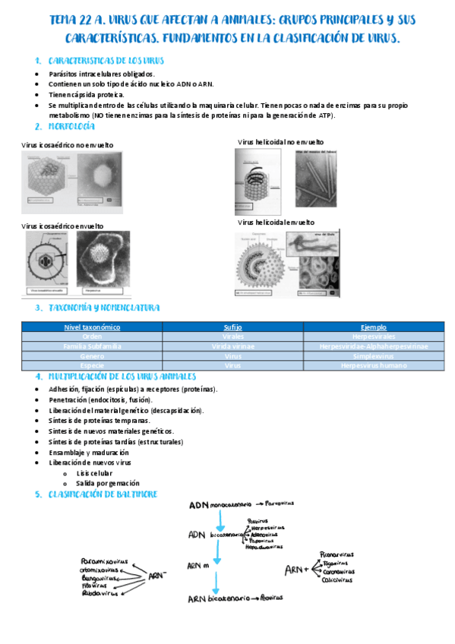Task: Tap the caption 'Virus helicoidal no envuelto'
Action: (280, 142)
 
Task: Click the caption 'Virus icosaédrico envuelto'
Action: (62, 226)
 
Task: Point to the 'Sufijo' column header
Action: (232, 327)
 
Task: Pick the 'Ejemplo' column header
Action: (373, 327)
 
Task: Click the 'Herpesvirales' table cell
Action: (373, 336)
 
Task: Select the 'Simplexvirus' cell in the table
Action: (373, 355)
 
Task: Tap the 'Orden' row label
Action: (92, 336)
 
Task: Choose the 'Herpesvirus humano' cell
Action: (373, 365)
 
